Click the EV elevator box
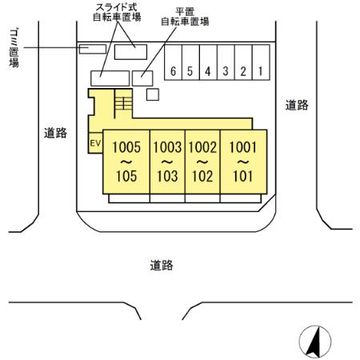95,144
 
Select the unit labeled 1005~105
126,162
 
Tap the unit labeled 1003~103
168,162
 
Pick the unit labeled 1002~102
202,162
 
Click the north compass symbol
314,342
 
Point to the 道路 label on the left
55,134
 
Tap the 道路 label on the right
298,105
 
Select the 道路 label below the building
162,265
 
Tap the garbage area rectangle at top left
92,49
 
